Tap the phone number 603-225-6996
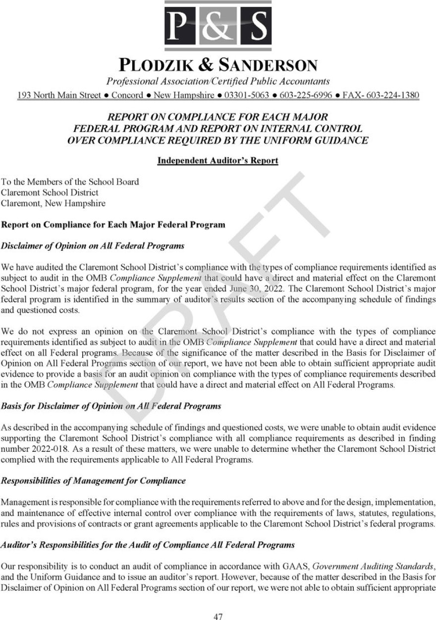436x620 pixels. click(306, 95)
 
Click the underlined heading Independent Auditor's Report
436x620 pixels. click(218, 160)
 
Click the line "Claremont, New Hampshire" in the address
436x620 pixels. click(53, 203)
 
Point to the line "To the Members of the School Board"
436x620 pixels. click(70, 182)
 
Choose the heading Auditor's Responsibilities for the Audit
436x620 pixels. click(148, 545)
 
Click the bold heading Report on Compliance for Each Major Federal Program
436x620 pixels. click(113, 225)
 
